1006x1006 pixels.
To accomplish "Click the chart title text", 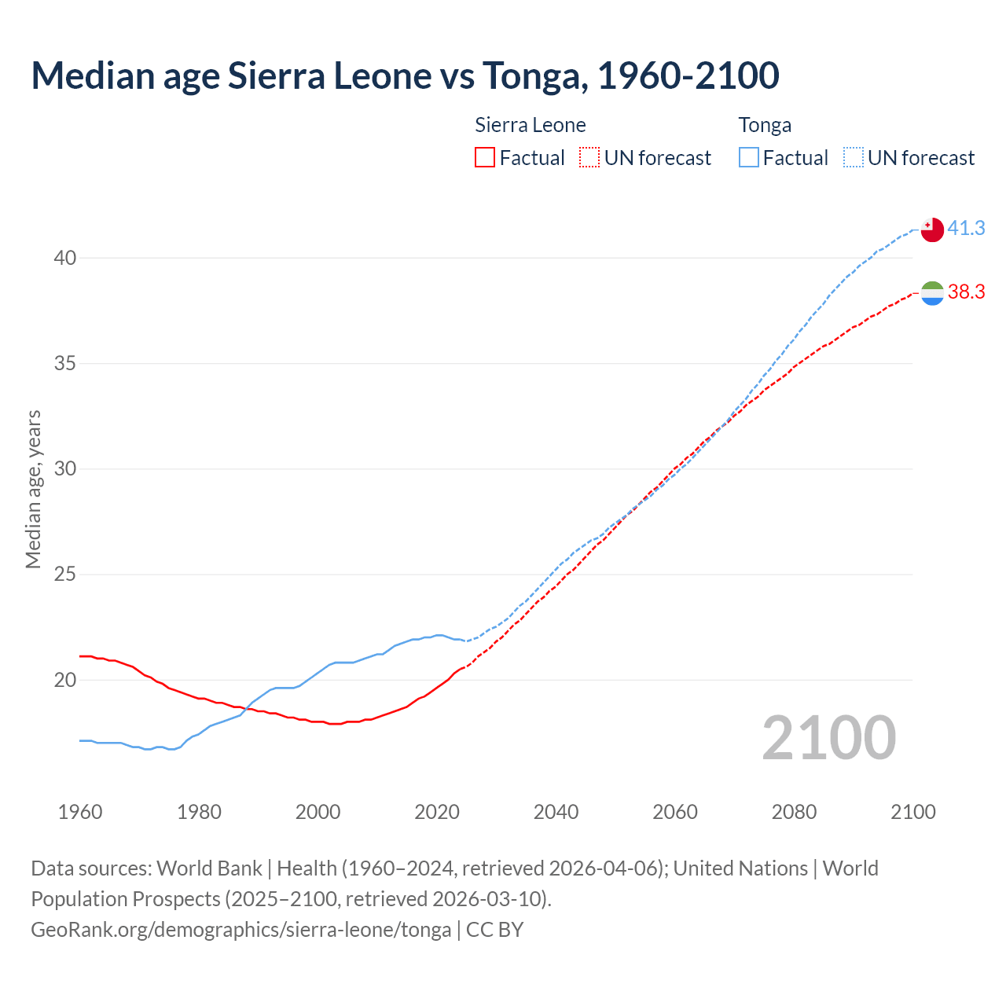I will pos(405,75).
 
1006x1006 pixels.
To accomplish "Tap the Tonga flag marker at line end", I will pos(931,229).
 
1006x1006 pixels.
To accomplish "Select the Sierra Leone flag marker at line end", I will pos(931,292).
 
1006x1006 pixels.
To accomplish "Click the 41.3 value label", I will pos(966,228).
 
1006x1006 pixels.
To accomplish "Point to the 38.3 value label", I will pos(966,292).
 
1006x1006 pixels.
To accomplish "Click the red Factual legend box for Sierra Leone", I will pos(485,157).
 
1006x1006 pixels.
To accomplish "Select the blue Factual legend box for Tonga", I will pos(748,157).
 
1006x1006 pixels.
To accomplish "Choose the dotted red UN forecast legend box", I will pos(589,157).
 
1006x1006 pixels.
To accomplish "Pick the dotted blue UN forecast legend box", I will pos(853,157).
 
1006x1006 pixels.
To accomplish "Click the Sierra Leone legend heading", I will pos(531,125).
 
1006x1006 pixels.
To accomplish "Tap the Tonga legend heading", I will pos(765,125).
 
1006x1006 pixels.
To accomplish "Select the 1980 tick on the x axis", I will pos(199,812).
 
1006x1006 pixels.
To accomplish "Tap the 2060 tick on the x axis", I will pos(675,812).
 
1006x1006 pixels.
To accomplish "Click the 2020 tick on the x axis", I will pos(437,812).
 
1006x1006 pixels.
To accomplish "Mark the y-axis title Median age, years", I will pos(33,489).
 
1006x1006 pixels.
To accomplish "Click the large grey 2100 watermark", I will pos(828,738).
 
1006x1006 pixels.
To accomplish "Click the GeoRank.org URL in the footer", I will pos(240,930).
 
